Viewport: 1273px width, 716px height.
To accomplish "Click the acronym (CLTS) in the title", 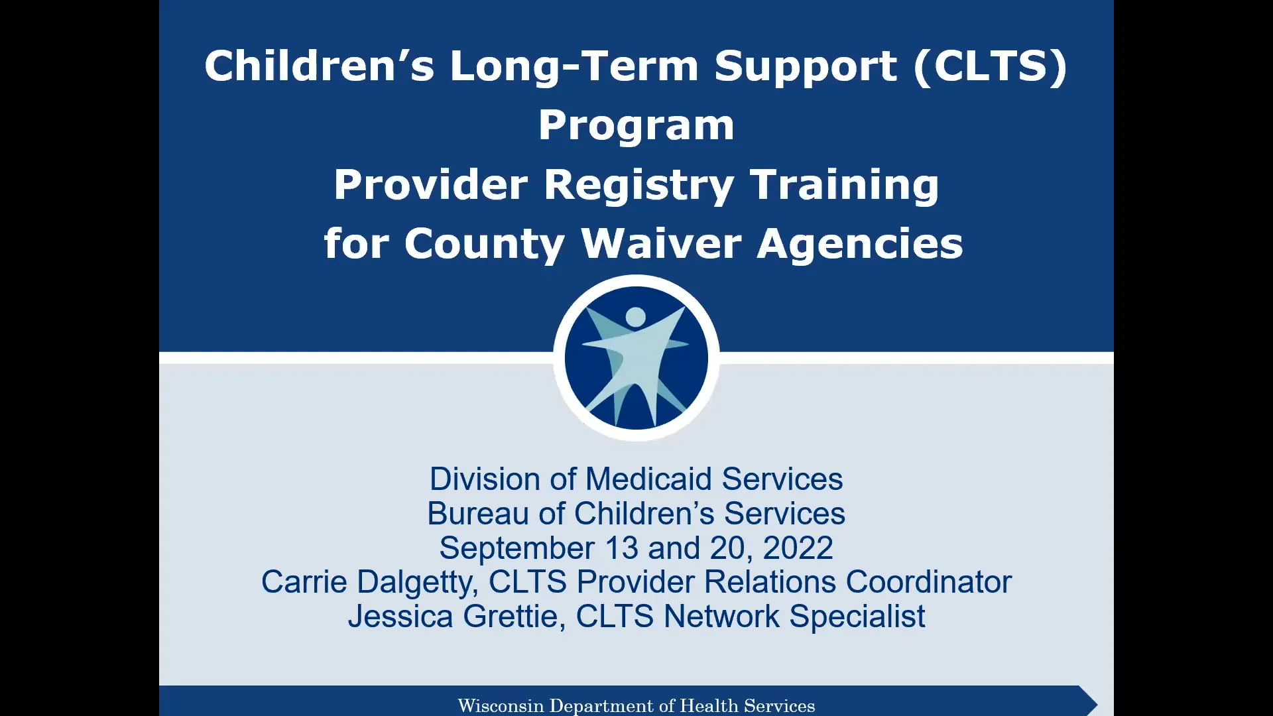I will [x=991, y=67].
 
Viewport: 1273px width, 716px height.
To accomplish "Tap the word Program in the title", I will [x=636, y=125].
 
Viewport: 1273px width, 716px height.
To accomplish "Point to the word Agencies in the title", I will [x=860, y=243].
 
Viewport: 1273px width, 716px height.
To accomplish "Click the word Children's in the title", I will [x=319, y=67].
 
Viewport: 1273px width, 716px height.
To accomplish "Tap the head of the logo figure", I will [x=635, y=317].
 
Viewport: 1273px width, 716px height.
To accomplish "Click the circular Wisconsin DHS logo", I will [x=636, y=359].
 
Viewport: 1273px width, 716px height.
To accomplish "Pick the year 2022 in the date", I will [x=798, y=548].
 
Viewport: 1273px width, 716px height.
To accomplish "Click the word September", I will [x=516, y=548].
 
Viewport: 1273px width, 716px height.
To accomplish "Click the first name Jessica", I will [x=400, y=616].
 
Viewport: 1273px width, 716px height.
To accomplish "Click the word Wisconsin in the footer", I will [x=501, y=705].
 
